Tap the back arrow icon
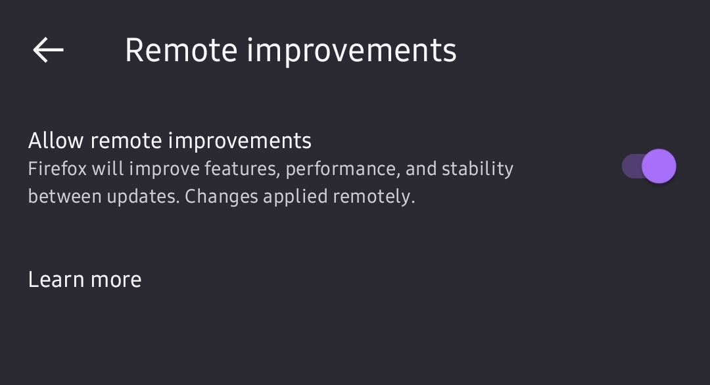point(48,50)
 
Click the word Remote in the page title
point(181,50)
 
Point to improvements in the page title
point(351,51)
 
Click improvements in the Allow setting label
point(240,141)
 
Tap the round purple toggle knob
point(659,166)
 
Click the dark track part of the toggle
point(632,166)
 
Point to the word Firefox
point(57,168)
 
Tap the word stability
point(477,169)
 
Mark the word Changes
point(222,197)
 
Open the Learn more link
point(85,279)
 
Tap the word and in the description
point(421,168)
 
